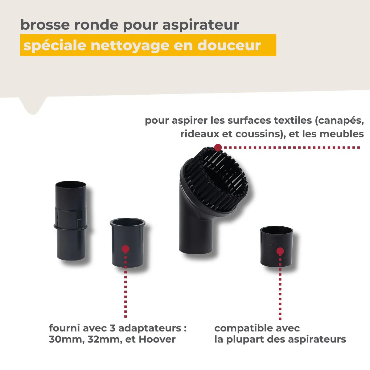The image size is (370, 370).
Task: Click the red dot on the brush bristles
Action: click(218, 147)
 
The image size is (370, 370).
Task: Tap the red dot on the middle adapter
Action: click(125, 249)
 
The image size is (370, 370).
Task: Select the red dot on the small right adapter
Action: click(280, 251)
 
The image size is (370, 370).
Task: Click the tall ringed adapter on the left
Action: click(71, 220)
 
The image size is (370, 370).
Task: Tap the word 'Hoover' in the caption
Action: click(157, 339)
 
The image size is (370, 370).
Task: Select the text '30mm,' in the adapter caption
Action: click(66, 339)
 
